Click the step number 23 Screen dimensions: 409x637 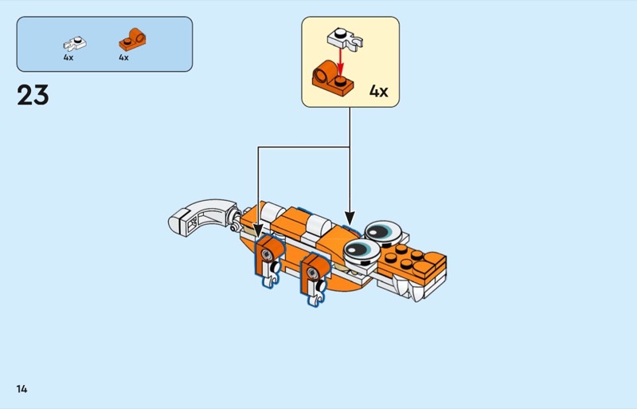33,96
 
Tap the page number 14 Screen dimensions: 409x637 21,389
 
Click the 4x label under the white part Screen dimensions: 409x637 68,57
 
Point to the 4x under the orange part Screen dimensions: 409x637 123,57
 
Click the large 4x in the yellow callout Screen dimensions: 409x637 378,91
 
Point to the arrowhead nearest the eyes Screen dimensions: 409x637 349,217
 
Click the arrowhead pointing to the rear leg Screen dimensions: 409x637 258,234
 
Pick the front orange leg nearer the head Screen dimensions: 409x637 314,271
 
